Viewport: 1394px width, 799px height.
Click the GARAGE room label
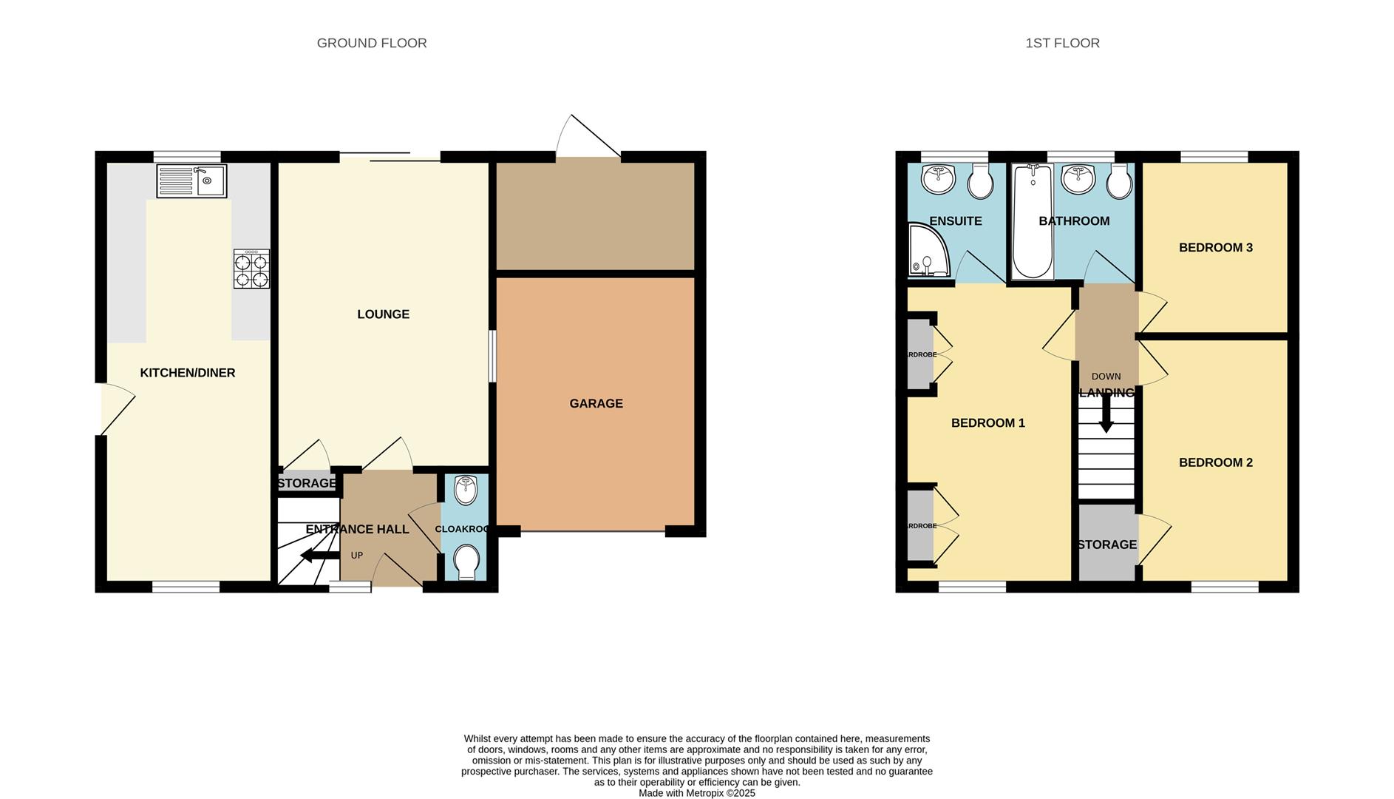click(x=596, y=404)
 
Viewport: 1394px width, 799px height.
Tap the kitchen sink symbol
click(x=191, y=181)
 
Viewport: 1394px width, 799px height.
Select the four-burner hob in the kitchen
click(x=251, y=269)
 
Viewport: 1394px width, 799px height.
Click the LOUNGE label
click(x=383, y=314)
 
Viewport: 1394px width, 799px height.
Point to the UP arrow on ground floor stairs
click(x=315, y=556)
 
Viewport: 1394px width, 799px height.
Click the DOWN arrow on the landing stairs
click(x=1106, y=414)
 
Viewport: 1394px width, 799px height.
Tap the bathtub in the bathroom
click(x=1033, y=222)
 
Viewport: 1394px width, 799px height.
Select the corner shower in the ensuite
click(x=925, y=253)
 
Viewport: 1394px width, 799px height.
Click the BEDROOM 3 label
click(x=1215, y=248)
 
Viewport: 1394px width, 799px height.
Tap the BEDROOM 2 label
click(x=1215, y=463)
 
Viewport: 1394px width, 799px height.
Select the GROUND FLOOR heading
click(x=372, y=44)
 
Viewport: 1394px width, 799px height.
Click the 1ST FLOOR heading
click(x=1062, y=44)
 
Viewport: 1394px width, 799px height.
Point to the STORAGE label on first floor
click(x=1106, y=545)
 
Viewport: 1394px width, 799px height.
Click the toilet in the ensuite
click(x=980, y=182)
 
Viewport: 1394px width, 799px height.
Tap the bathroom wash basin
click(x=1078, y=179)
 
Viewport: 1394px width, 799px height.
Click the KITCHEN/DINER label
click(x=188, y=373)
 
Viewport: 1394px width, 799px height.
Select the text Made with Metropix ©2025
click(x=696, y=793)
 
